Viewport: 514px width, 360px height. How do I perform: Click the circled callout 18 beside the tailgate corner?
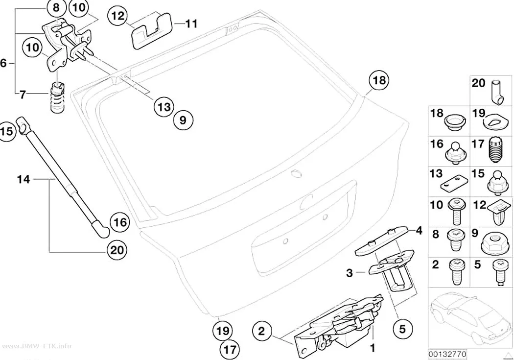point(379,80)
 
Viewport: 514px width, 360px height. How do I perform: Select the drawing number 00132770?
point(447,354)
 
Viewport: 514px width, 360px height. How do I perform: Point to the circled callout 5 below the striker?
point(402,329)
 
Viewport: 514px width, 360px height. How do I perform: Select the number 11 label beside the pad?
point(192,24)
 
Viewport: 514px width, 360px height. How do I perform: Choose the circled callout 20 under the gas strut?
point(117,250)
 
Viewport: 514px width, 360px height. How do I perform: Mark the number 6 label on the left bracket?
point(3,63)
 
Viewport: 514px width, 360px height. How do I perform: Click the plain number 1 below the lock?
point(373,348)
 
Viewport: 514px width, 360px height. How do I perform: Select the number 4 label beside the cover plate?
point(419,231)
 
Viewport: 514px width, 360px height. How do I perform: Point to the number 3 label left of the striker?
point(350,272)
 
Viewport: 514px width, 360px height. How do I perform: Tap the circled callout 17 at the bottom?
point(230,350)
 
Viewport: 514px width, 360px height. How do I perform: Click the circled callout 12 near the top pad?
point(117,16)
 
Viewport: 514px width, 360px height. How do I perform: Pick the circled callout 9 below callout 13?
point(183,120)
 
